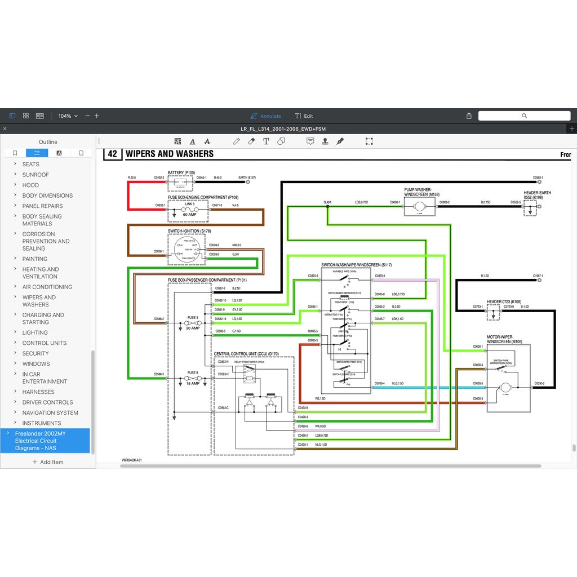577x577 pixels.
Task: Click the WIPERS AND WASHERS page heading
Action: (x=169, y=154)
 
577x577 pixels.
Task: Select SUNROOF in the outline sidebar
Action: (x=35, y=175)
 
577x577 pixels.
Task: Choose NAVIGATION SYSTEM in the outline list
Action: (x=50, y=413)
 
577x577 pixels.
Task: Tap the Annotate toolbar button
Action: (x=266, y=116)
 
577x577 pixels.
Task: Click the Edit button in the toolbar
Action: (x=304, y=116)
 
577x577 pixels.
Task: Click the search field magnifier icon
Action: (x=524, y=116)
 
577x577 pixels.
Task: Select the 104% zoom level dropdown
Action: (x=68, y=116)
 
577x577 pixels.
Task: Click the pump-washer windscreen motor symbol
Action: (x=420, y=207)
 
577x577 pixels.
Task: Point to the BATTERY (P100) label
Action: (x=181, y=173)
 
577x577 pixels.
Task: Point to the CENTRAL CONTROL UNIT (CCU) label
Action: (x=246, y=354)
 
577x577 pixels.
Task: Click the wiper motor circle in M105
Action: (x=505, y=388)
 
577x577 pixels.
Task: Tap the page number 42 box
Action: (x=112, y=154)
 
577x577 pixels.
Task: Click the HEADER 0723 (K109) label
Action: (x=504, y=302)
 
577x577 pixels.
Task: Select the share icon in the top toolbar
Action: (x=469, y=116)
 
